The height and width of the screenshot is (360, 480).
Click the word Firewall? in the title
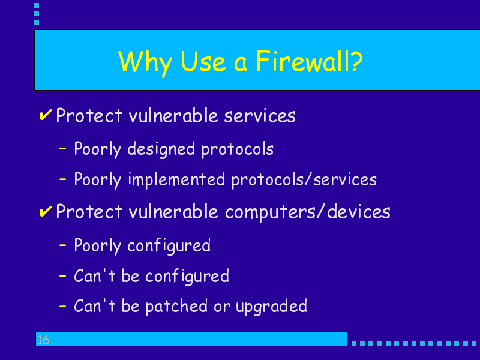click(x=309, y=61)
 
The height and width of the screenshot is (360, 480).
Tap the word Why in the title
click(x=145, y=64)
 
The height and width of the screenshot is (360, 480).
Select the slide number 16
click(x=43, y=340)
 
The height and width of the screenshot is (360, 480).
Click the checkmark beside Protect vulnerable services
click(x=46, y=115)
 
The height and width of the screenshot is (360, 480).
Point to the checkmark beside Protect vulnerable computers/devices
click(x=46, y=211)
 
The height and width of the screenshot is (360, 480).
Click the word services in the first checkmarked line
click(x=260, y=116)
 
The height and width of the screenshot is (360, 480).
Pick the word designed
click(x=161, y=149)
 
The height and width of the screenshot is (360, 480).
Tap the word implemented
click(x=176, y=180)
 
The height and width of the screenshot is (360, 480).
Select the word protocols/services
click(x=304, y=180)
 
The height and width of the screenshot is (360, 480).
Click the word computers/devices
click(x=308, y=212)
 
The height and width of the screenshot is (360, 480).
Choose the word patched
click(x=176, y=306)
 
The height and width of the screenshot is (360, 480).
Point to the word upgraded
click(x=272, y=307)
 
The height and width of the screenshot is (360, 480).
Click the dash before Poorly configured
click(x=63, y=245)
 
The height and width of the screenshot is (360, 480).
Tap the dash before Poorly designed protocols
click(x=63, y=149)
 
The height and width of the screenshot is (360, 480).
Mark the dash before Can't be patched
click(x=63, y=306)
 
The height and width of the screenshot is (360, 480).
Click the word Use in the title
click(x=203, y=61)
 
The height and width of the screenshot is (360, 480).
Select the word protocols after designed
click(x=237, y=149)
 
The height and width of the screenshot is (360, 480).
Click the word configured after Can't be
click(x=187, y=277)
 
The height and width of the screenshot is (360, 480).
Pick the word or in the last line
click(x=221, y=307)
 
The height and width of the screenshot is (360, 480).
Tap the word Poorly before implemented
click(x=98, y=180)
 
